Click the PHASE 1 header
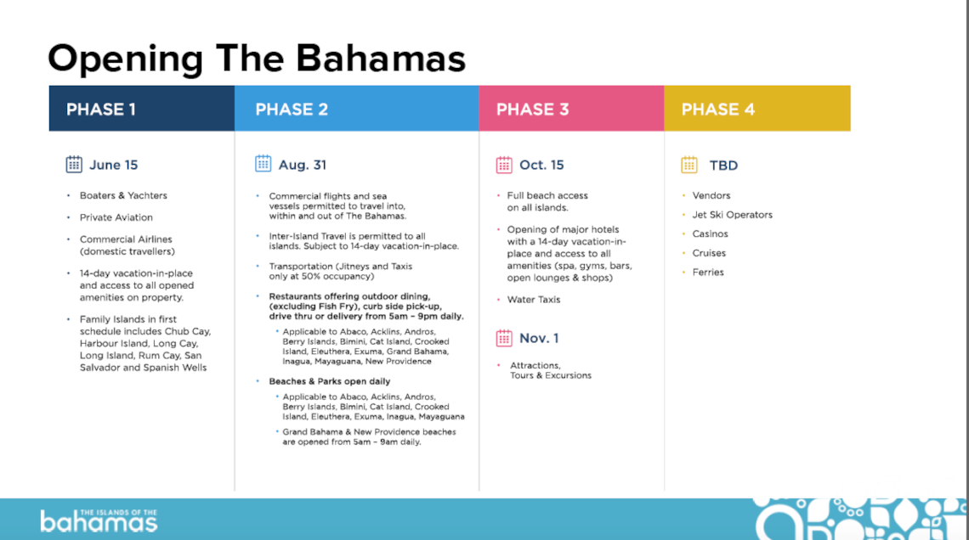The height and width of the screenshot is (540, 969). coord(141,109)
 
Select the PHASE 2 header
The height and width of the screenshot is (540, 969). coord(357,109)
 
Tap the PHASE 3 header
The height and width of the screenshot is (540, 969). coord(572,109)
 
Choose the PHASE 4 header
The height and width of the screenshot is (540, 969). coord(757,109)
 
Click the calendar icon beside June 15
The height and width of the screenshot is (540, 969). coord(74,164)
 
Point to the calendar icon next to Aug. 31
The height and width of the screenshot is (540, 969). coord(263,164)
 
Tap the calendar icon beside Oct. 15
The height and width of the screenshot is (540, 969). coord(504,165)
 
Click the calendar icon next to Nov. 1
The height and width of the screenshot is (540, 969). coord(504,338)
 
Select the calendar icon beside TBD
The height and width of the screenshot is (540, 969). coord(689,165)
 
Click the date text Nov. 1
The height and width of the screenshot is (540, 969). coord(539,338)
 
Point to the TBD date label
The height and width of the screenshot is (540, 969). coord(723,166)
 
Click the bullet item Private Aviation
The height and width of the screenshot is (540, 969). coord(116,217)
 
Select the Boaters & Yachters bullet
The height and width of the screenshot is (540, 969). coord(123,195)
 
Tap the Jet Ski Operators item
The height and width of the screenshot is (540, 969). coord(733,215)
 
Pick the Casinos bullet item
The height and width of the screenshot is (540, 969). coord(710,233)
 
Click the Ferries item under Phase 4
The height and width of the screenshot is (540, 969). coord(708,273)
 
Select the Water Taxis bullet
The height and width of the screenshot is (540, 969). coord(534,300)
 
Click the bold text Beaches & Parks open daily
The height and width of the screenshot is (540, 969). coord(330,381)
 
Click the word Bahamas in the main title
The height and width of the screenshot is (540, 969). coord(381,59)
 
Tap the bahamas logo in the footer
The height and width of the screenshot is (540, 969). coord(99,520)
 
